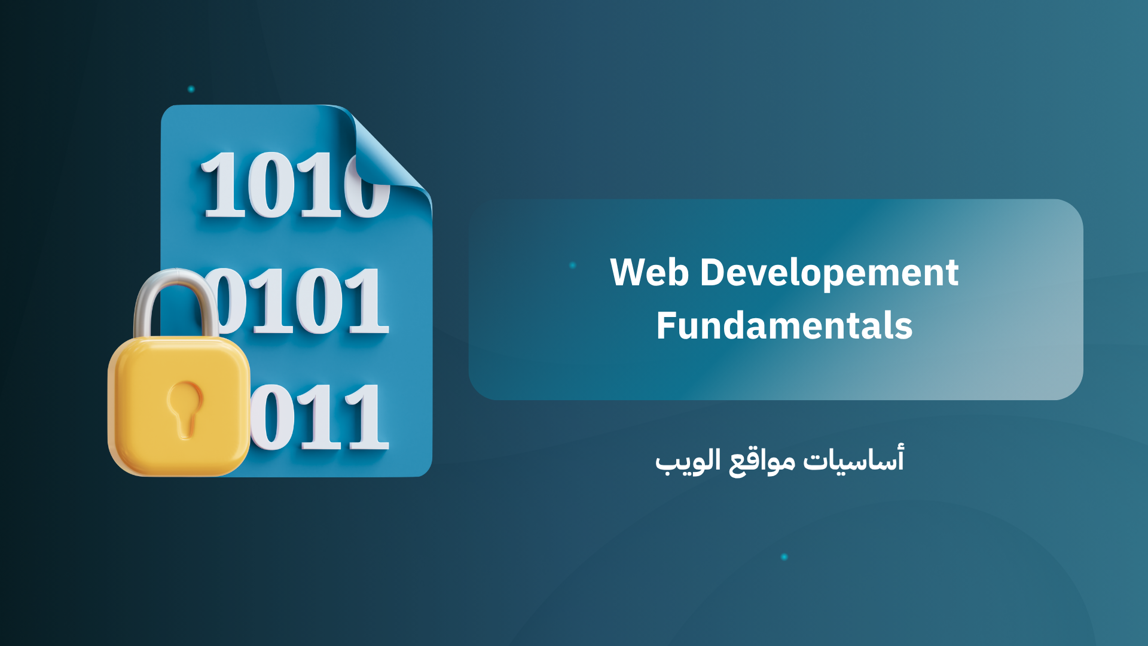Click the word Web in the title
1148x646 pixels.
[x=649, y=273]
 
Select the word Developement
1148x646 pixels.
[x=829, y=274]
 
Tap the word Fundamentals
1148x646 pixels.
[x=784, y=326]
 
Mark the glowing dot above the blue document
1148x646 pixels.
[x=191, y=89]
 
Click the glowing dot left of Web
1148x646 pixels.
[x=573, y=265]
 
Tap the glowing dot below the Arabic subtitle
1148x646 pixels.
[x=784, y=557]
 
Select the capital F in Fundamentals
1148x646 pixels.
[x=666, y=326]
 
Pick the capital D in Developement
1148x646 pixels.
[x=712, y=273]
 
